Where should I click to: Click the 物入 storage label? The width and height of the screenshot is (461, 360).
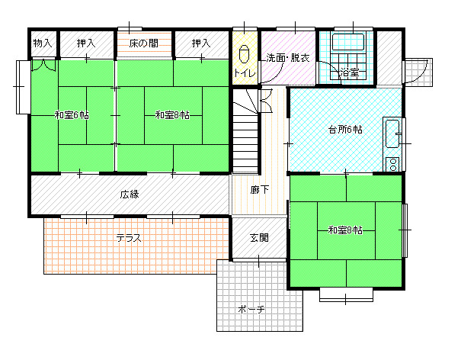43,43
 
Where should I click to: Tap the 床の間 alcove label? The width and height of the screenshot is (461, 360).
144,43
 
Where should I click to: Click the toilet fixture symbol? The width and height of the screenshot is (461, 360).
244,54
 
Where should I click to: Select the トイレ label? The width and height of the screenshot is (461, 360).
245,72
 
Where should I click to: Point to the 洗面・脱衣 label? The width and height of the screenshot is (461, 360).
288,58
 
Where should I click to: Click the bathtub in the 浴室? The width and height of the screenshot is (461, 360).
348,42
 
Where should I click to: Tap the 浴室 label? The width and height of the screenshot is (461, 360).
350,72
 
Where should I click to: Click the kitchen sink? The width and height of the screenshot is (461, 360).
392,134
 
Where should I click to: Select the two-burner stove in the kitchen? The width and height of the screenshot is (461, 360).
392,164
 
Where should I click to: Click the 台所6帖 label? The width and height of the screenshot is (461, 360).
345,129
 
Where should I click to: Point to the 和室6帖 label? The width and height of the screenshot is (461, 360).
72,115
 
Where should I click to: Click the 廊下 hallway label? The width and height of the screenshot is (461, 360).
260,190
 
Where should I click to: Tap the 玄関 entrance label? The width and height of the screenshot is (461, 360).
259,237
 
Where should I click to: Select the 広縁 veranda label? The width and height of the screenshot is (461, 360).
130,194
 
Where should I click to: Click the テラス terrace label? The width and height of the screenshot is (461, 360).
129,238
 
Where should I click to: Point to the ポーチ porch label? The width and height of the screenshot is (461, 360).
251,310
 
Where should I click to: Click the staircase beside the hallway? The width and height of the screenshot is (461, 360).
245,130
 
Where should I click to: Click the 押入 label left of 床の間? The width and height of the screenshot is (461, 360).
86,43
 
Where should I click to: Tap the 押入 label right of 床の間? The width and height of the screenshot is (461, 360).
201,43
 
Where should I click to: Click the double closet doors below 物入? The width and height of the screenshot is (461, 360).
43,65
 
